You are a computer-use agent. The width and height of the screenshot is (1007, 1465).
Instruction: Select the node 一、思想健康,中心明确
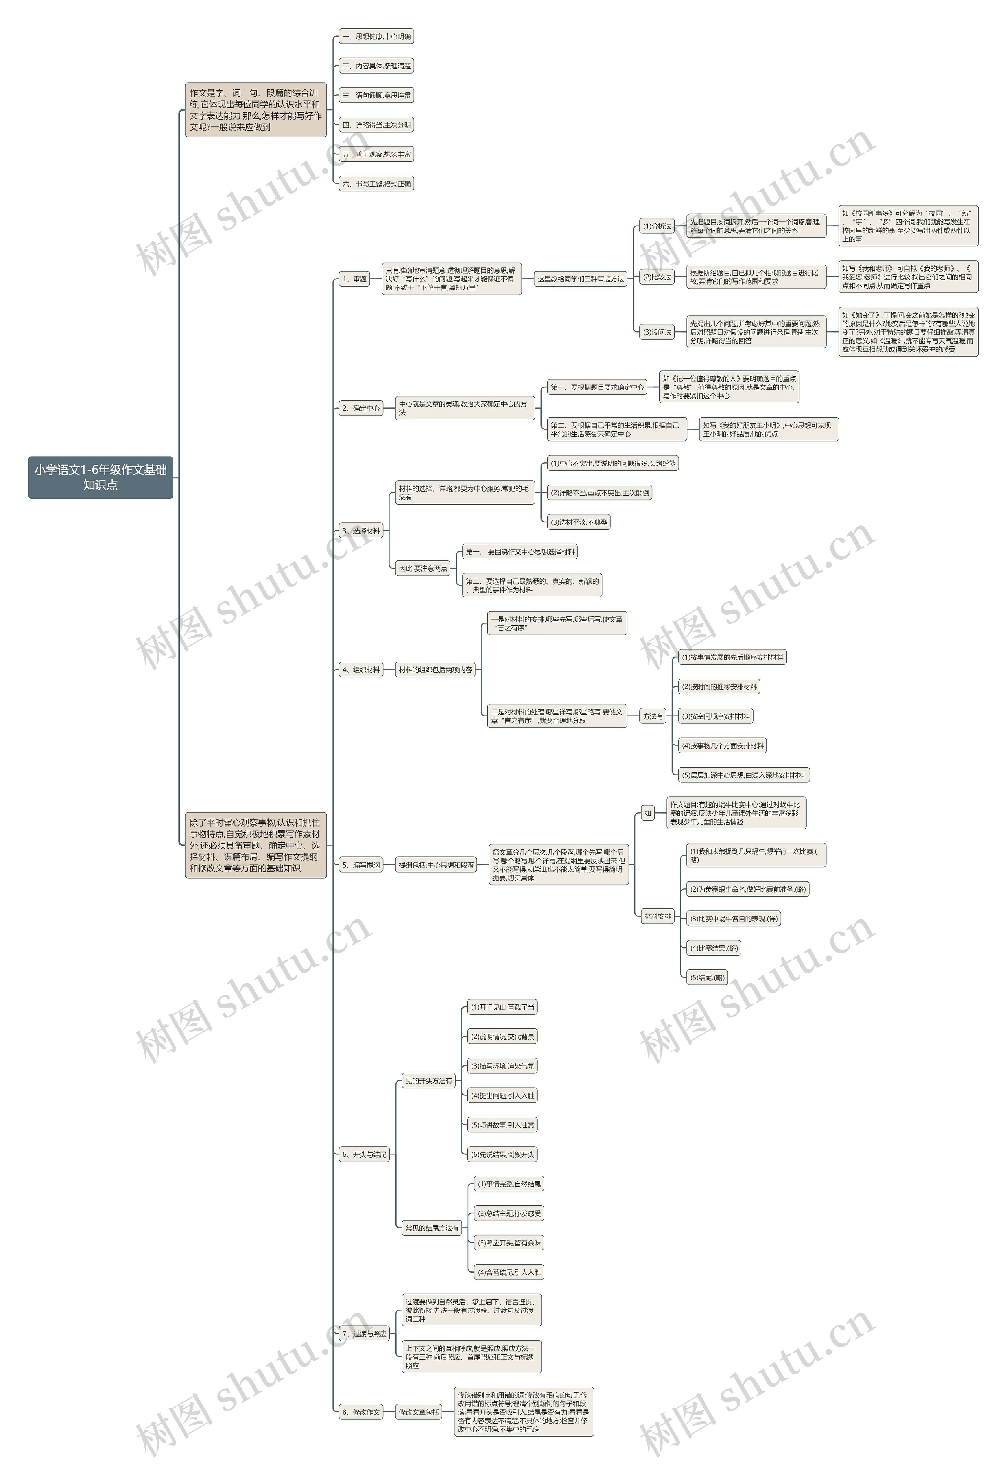376,37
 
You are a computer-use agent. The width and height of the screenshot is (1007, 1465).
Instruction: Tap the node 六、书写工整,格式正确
376,184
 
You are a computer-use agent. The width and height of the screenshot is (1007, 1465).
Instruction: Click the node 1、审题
354,279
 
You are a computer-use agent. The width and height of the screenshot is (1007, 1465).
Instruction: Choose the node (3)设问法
657,332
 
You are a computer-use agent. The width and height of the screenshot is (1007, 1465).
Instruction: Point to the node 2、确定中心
361,409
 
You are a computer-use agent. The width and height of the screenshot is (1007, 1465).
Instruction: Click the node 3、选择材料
361,531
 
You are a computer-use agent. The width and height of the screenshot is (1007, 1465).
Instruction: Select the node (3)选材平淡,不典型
579,522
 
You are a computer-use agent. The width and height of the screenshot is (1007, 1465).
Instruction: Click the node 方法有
653,716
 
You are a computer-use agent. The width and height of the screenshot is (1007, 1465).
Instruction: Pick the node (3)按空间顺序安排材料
716,716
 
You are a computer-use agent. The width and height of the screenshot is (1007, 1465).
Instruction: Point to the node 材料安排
657,916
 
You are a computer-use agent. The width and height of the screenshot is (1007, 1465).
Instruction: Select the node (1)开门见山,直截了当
502,1007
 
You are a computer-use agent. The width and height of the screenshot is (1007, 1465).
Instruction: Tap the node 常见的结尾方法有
432,1228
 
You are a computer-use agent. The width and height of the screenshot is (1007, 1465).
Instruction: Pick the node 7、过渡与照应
364,1334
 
